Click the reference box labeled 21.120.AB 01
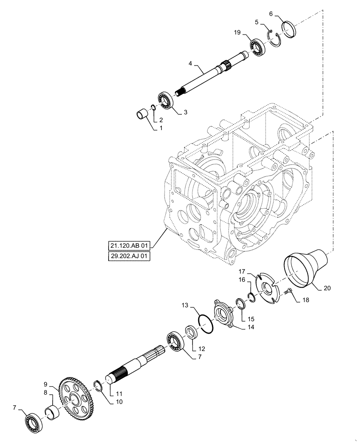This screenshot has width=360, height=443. [x=129, y=245]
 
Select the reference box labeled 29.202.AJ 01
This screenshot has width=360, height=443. [x=129, y=256]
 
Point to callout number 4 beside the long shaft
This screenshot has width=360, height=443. [x=190, y=64]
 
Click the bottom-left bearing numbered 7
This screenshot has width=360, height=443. [x=34, y=422]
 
